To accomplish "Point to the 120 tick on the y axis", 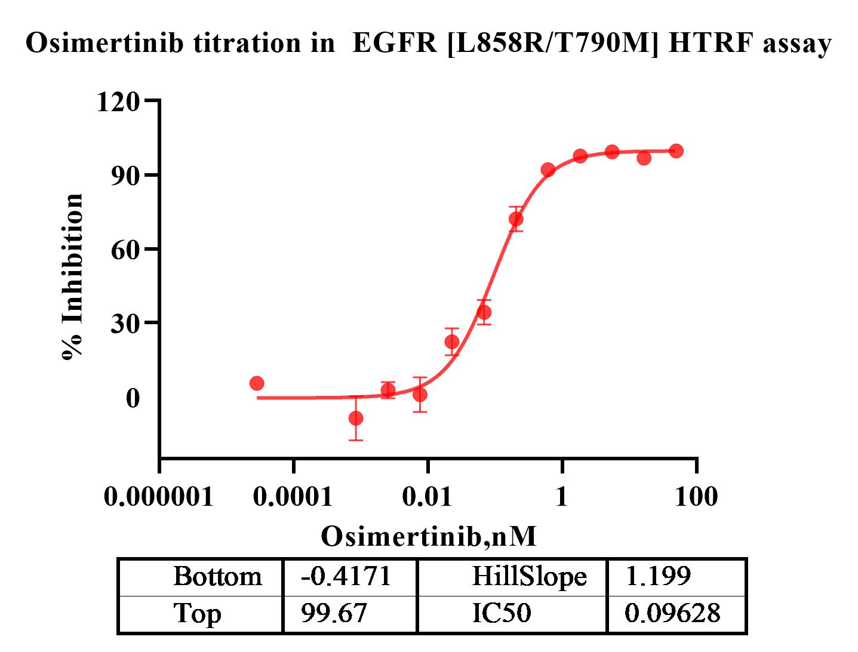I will pyautogui.click(x=118, y=102).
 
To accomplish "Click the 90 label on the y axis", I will pyautogui.click(x=125, y=176).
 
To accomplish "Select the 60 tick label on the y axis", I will pyautogui.click(x=125, y=250).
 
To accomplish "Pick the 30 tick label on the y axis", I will pyautogui.click(x=125, y=323).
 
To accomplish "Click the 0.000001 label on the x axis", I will pyautogui.click(x=159, y=496).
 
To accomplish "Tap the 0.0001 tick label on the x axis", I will pyautogui.click(x=293, y=496).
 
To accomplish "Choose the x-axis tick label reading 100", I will pyautogui.click(x=696, y=496).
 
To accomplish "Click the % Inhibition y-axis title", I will pyautogui.click(x=73, y=276).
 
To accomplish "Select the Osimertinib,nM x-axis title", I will pyautogui.click(x=429, y=536).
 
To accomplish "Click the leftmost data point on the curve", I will pyautogui.click(x=257, y=383).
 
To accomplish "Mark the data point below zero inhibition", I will pyautogui.click(x=356, y=418).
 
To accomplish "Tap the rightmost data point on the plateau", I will pyautogui.click(x=676, y=151).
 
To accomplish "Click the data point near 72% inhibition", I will pyautogui.click(x=516, y=219).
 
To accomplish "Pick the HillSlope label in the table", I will pyautogui.click(x=529, y=577).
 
